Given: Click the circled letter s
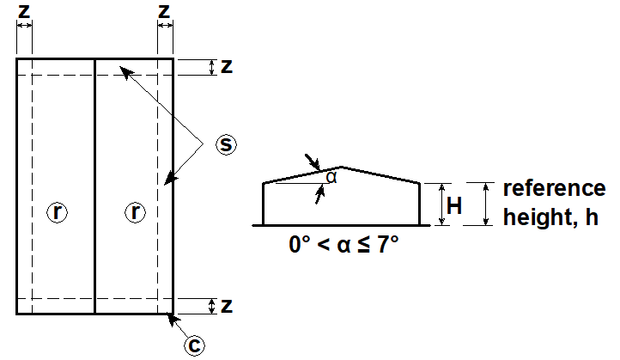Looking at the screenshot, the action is pyautogui.click(x=226, y=144).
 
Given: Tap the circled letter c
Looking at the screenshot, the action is pyautogui.click(x=194, y=345).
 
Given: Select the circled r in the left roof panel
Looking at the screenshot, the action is pyautogui.click(x=58, y=212).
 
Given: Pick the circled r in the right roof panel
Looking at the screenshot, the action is pyautogui.click(x=135, y=212).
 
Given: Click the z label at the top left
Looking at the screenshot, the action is pyautogui.click(x=24, y=11).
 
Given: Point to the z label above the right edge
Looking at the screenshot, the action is pyautogui.click(x=164, y=11).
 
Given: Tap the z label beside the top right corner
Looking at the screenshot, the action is pyautogui.click(x=227, y=66).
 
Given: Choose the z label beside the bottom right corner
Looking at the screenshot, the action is pyautogui.click(x=227, y=306).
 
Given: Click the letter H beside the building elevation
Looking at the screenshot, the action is pyautogui.click(x=454, y=205).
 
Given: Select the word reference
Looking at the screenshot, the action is pyautogui.click(x=554, y=188).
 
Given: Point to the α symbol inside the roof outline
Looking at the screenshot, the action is pyautogui.click(x=331, y=178).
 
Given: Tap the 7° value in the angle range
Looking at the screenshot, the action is pyautogui.click(x=387, y=245).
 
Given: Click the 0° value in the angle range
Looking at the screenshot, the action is pyautogui.click(x=300, y=245).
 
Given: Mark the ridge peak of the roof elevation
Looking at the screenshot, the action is pyautogui.click(x=342, y=167).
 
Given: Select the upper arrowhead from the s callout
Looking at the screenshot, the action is pyautogui.click(x=127, y=73).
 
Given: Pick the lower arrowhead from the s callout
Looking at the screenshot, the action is pyautogui.click(x=171, y=179).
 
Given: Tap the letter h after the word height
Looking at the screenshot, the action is pyautogui.click(x=592, y=217).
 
